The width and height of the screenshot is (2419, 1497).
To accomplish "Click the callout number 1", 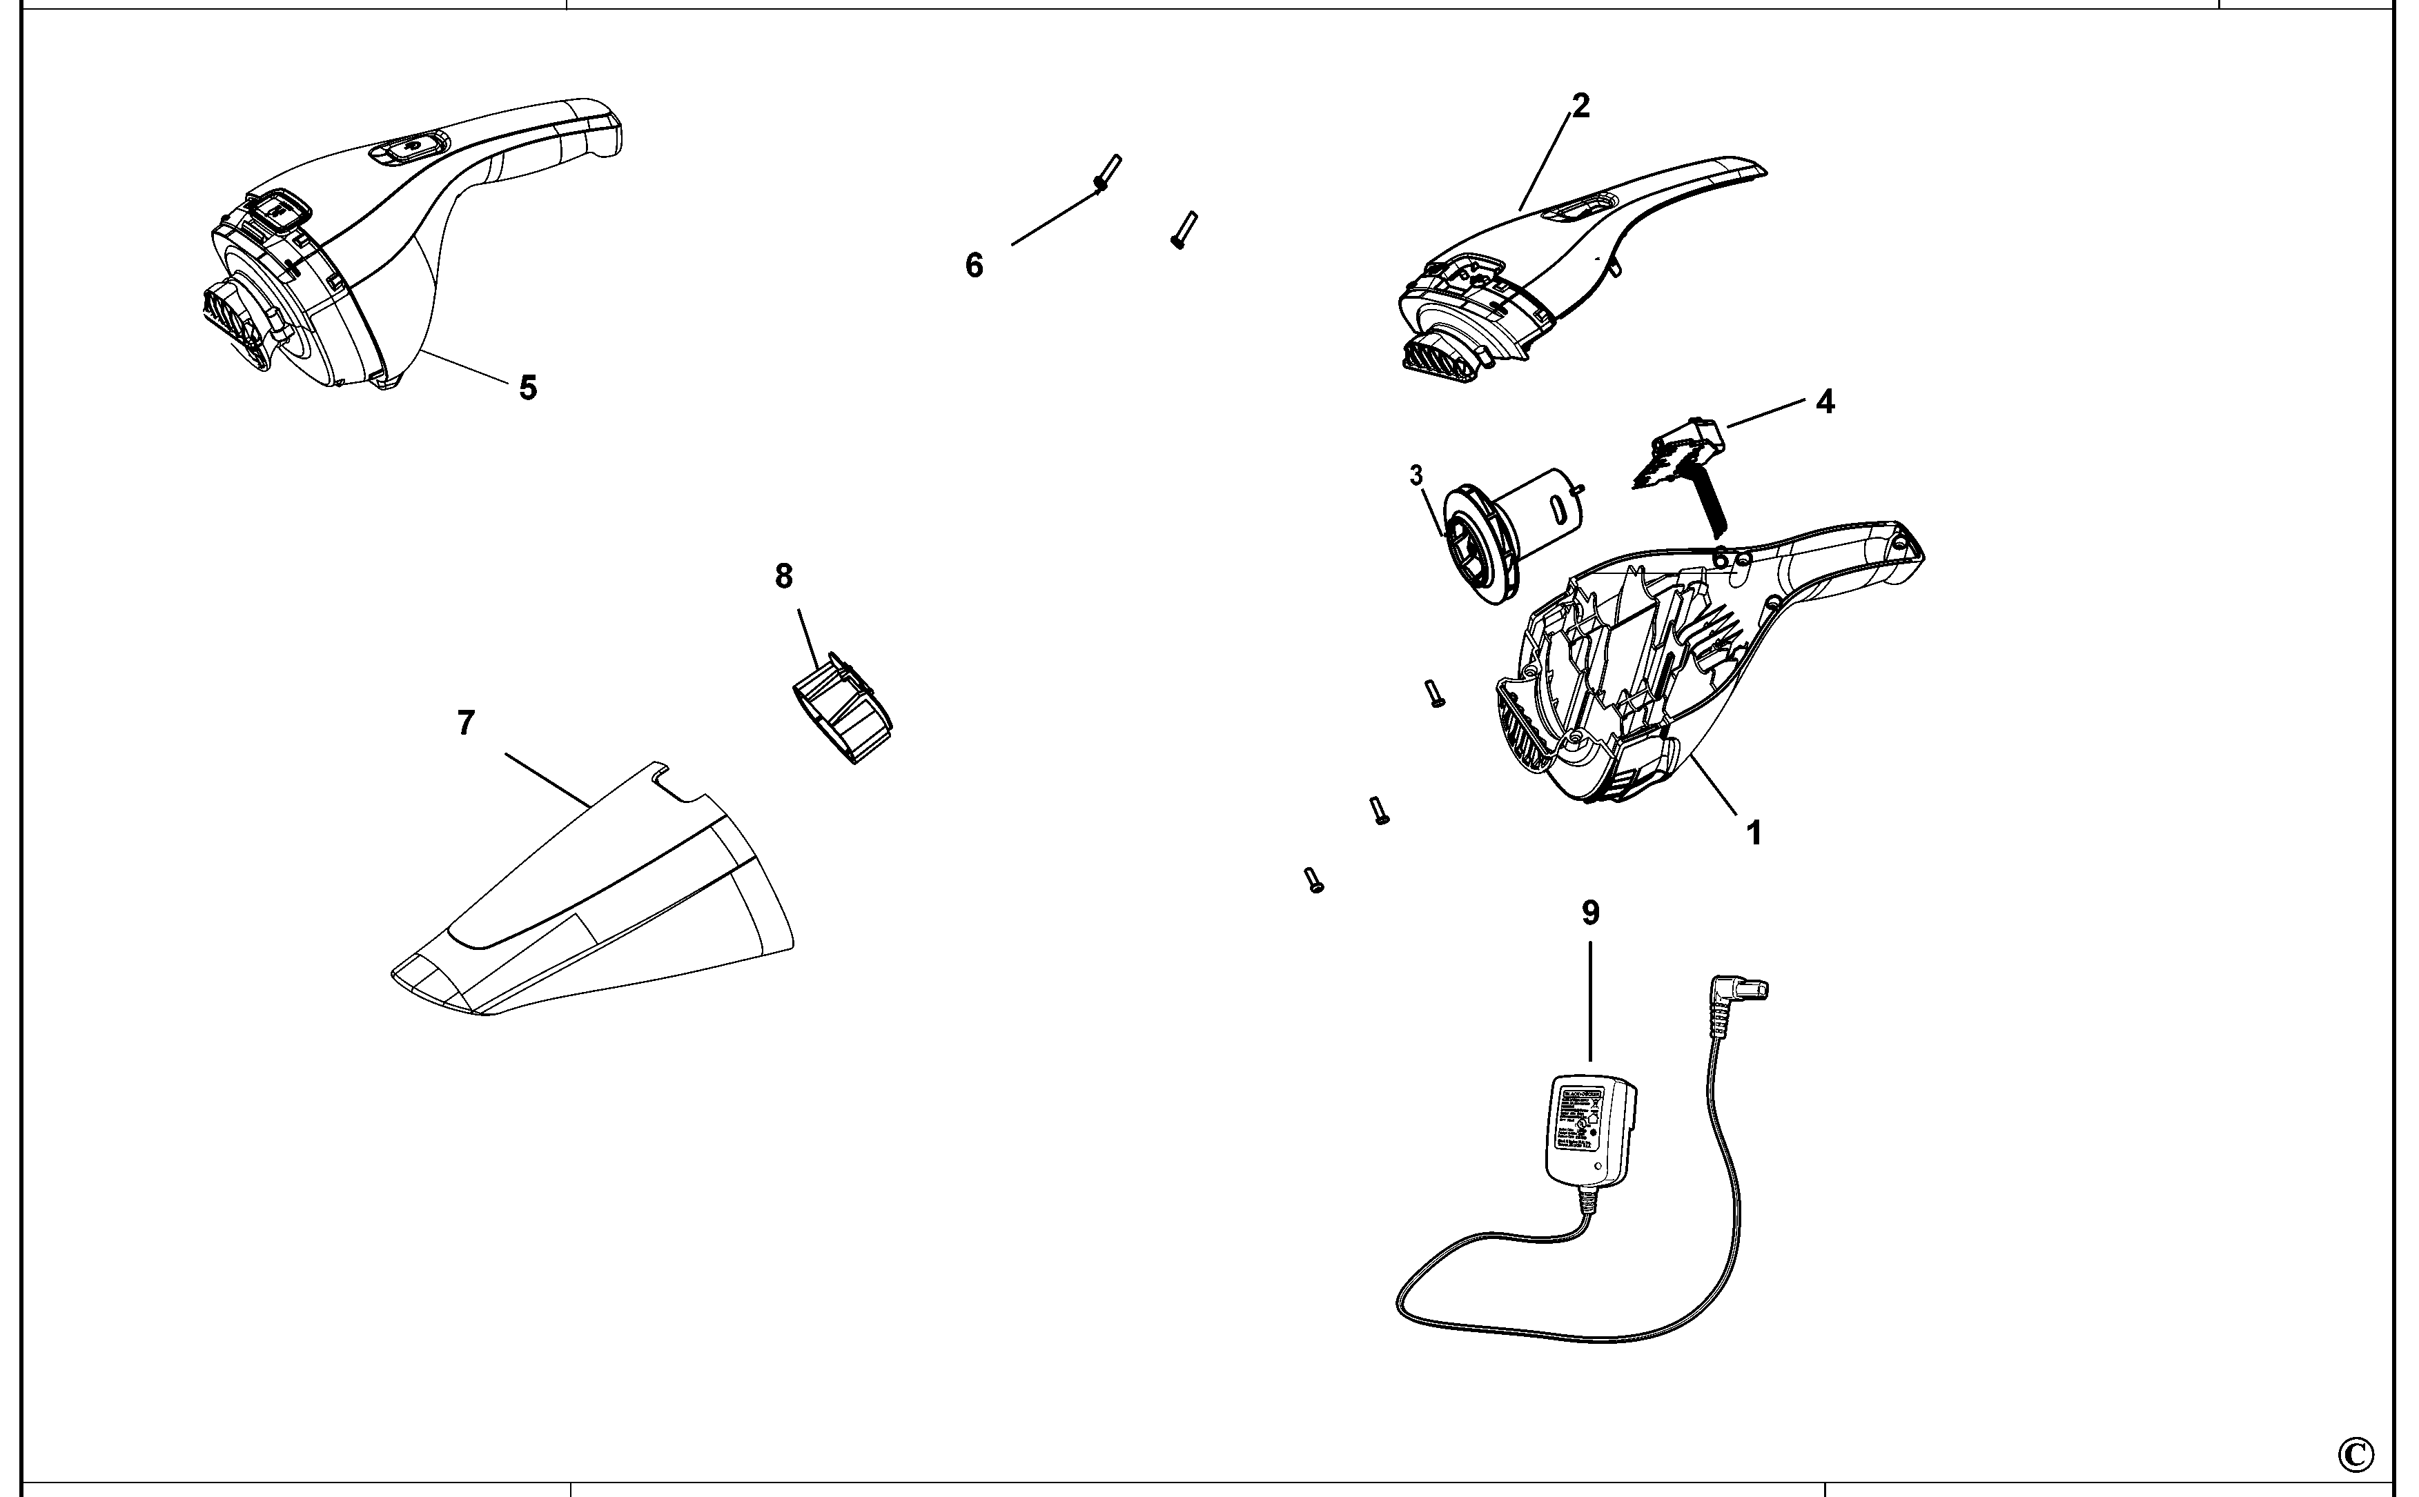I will tap(1754, 833).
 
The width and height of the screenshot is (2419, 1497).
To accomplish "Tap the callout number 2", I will tap(1580, 106).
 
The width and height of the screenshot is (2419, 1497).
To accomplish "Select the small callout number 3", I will tap(1416, 476).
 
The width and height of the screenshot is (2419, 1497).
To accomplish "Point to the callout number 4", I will tap(1825, 401).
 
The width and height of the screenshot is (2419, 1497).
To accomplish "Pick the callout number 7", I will tap(465, 724).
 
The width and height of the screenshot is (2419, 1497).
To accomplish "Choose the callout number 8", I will tap(783, 576).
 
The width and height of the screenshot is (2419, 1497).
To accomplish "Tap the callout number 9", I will tap(1590, 913).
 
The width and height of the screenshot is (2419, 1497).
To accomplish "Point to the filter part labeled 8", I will tap(843, 709).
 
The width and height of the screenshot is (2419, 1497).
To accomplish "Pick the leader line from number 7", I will tap(547, 778).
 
